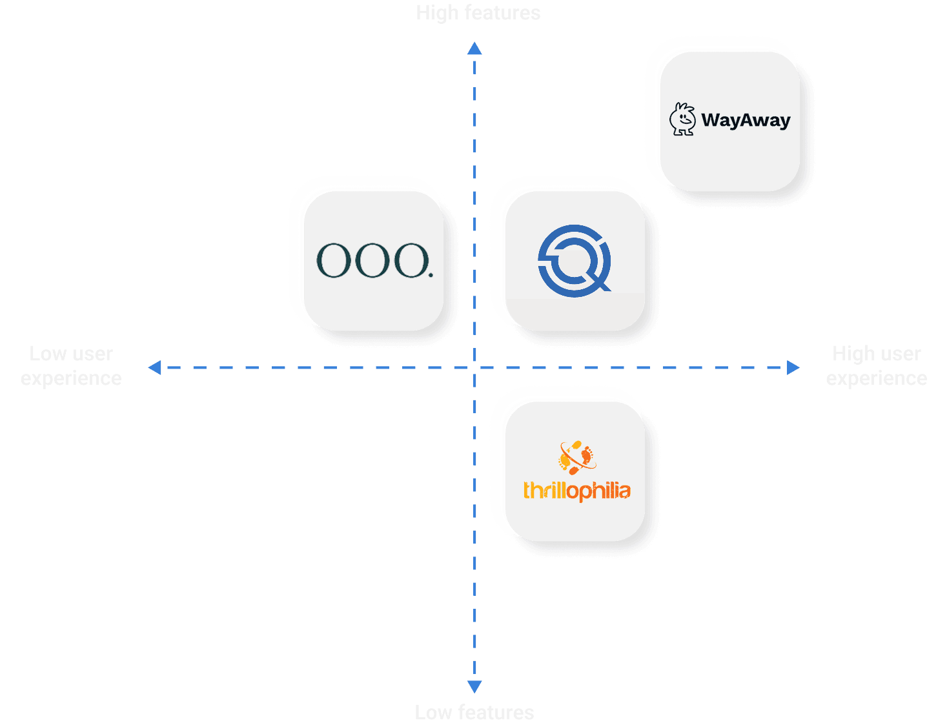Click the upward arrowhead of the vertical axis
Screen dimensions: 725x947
[474, 48]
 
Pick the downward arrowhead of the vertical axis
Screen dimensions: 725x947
[474, 686]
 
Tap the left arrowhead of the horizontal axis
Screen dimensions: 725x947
[154, 367]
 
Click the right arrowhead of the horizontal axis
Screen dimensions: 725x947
[793, 367]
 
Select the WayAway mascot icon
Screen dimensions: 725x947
[682, 119]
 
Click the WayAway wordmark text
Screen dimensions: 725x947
[746, 120]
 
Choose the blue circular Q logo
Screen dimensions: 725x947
[574, 260]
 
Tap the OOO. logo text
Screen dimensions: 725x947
[374, 261]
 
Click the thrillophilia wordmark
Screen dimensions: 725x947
[576, 491]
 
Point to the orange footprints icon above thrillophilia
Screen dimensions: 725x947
[576, 457]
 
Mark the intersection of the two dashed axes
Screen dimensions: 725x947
[475, 367]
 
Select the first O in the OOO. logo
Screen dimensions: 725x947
[332, 261]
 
